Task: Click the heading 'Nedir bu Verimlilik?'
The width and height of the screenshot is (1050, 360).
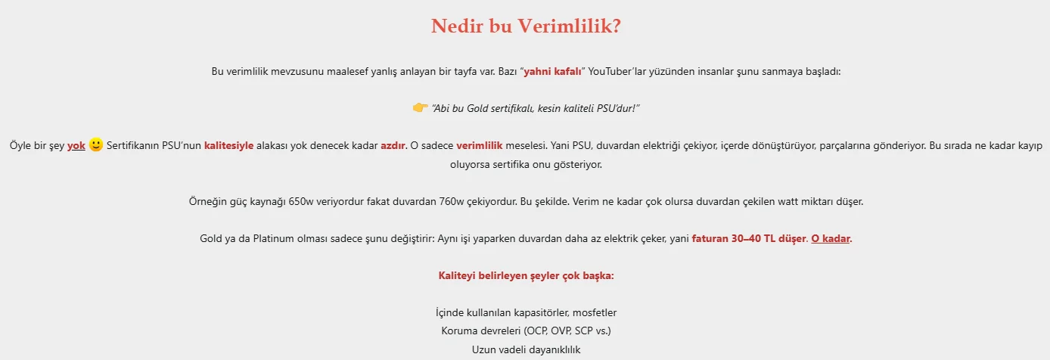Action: pyautogui.click(x=526, y=26)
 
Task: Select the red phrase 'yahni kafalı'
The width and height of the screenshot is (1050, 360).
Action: pyautogui.click(x=552, y=71)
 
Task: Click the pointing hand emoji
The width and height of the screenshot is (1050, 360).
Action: pyautogui.click(x=420, y=108)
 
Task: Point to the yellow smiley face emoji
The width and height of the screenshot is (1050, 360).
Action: pyautogui.click(x=95, y=144)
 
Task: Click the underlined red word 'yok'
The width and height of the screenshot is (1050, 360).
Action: pyautogui.click(x=76, y=146)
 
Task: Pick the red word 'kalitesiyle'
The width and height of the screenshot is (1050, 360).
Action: pyautogui.click(x=228, y=146)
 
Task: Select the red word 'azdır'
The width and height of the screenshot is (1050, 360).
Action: pyautogui.click(x=393, y=146)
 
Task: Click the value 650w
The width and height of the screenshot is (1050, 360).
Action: pyautogui.click(x=301, y=202)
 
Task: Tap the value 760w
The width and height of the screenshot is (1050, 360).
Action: pyautogui.click(x=452, y=202)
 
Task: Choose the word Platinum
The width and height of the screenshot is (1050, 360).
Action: pyautogui.click(x=274, y=238)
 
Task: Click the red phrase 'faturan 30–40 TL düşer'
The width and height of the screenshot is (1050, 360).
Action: pyautogui.click(x=749, y=238)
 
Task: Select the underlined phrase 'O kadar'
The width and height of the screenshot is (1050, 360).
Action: pyautogui.click(x=831, y=238)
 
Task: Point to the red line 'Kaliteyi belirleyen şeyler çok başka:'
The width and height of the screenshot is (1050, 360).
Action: pyautogui.click(x=526, y=275)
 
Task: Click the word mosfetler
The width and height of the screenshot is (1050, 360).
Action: pyautogui.click(x=595, y=312)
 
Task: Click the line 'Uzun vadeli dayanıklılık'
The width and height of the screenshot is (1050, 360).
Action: pyautogui.click(x=526, y=349)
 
